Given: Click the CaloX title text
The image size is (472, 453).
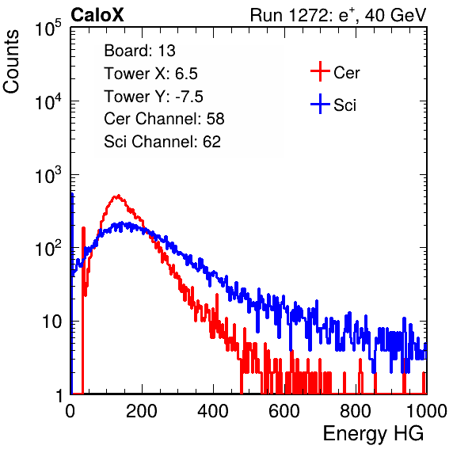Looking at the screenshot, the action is [97, 15].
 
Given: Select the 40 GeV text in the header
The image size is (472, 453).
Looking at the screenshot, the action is [395, 15].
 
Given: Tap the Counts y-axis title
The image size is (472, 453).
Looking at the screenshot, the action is [11, 62].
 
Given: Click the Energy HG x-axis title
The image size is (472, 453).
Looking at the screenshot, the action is [373, 434].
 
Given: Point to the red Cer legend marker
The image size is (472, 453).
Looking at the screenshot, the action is [320, 71].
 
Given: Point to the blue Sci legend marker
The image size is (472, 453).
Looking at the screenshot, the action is [320, 105].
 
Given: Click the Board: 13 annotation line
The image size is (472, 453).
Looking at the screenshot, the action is [139, 51].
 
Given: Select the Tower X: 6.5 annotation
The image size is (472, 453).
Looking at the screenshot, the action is [150, 74].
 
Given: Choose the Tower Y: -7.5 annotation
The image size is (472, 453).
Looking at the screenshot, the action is [154, 97].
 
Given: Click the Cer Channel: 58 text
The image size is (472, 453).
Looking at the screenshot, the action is [164, 119].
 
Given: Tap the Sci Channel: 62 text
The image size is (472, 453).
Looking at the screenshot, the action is [162, 142].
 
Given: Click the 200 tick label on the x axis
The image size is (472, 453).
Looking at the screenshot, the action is [142, 411].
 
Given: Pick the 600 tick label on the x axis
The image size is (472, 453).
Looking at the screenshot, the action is [284, 411].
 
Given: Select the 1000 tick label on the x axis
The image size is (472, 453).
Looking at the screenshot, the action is [427, 411].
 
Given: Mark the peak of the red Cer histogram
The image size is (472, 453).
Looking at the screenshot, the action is [118, 196].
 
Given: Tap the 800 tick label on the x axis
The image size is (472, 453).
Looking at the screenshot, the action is [356, 411].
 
